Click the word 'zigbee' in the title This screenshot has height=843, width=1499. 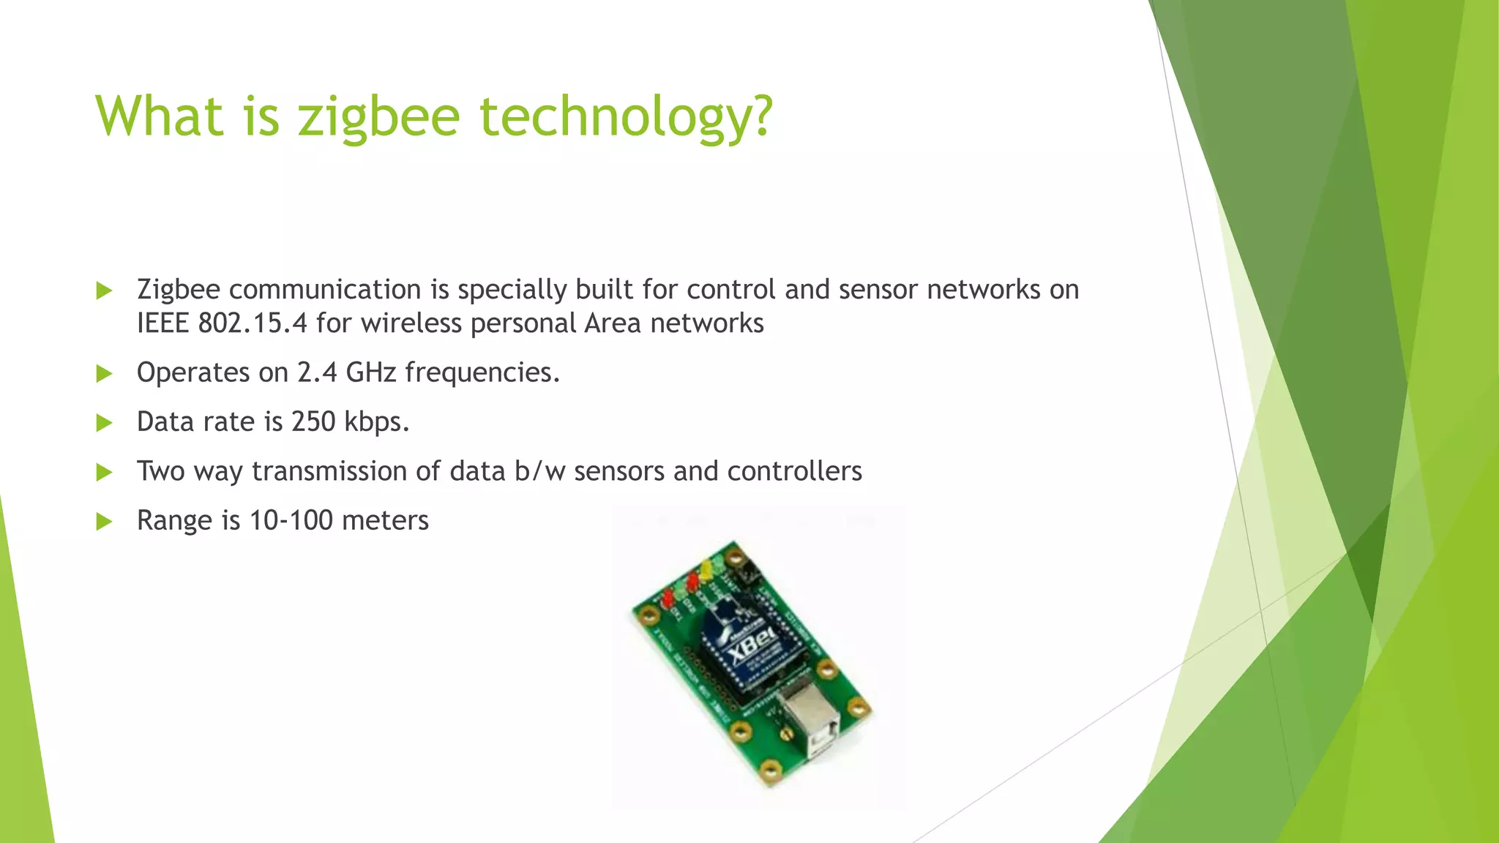[378, 117]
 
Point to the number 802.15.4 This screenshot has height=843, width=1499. [253, 323]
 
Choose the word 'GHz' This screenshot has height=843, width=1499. [371, 372]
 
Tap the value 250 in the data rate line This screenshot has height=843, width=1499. [313, 421]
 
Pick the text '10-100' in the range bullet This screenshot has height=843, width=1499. [291, 520]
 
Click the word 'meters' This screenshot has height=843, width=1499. [385, 520]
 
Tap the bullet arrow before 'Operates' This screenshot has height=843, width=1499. [105, 374]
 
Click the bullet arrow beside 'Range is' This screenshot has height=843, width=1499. [105, 522]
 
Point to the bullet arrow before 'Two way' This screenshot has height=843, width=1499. [105, 472]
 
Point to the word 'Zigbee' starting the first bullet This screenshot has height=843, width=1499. [178, 290]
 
